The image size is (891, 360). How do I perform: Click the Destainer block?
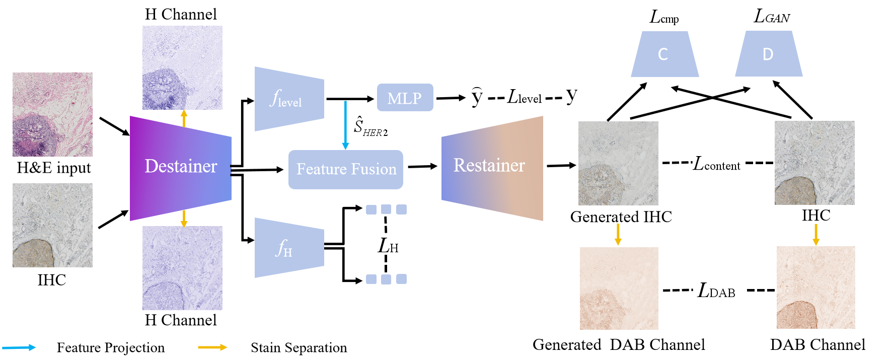[180, 168]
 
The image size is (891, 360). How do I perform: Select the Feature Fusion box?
[346, 170]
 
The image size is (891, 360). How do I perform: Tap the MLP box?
[405, 98]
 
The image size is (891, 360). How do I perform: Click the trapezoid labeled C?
[664, 54]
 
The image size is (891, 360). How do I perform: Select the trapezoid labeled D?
[768, 54]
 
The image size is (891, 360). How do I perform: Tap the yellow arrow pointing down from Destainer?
[184, 218]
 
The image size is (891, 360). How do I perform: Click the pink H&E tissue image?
[52, 114]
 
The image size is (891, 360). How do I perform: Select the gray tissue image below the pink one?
[52, 225]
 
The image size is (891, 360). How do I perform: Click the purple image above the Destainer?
[182, 67]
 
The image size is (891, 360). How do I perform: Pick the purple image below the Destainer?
[182, 268]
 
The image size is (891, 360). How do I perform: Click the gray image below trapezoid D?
[814, 163]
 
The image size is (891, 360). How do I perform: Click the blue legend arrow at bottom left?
[19, 347]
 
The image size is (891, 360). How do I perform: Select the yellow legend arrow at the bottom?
[212, 347]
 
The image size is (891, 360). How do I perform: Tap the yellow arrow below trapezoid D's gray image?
[816, 235]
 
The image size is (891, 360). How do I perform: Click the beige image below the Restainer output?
[619, 289]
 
